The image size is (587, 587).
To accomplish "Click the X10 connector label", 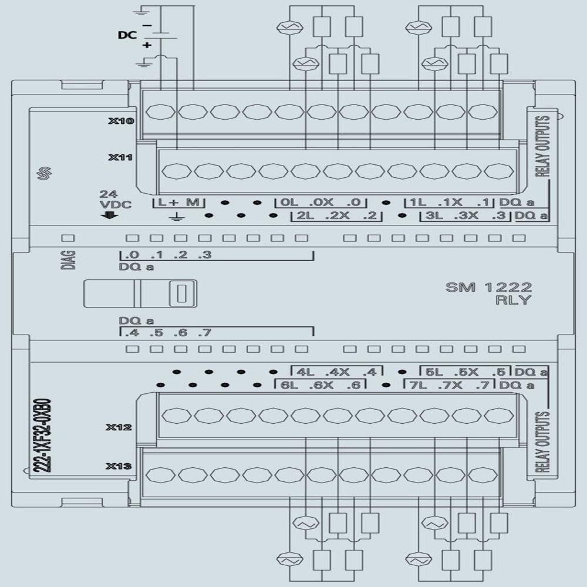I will [121, 122].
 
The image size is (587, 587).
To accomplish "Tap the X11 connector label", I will [121, 158].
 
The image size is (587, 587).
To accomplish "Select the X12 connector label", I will [119, 427].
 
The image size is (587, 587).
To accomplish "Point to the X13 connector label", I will [119, 467].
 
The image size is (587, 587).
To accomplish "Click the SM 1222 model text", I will [488, 287].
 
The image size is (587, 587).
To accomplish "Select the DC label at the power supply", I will [127, 36].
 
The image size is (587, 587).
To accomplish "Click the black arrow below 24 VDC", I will [109, 215].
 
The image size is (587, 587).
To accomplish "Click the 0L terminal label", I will [288, 203].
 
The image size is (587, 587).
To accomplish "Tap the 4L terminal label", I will [303, 372].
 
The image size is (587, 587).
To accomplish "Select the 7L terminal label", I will [418, 385].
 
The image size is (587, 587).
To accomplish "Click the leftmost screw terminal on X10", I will [160, 111].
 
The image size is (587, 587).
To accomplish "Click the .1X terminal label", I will [453, 203].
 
